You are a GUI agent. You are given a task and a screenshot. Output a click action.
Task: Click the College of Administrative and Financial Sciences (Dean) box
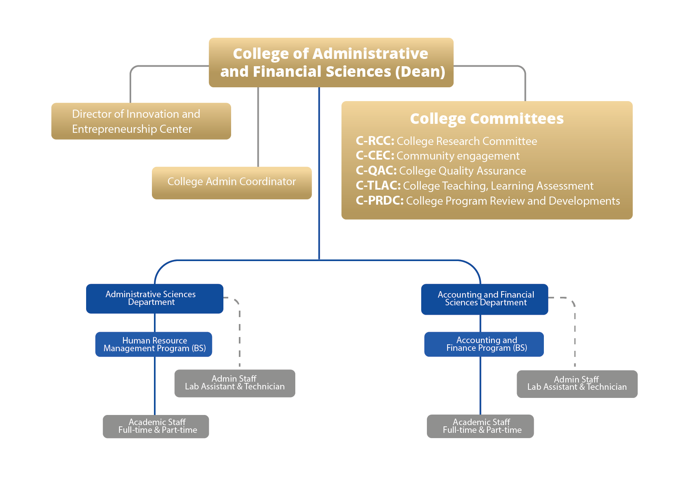(331, 62)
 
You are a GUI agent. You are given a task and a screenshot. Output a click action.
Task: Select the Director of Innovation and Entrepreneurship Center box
(141, 121)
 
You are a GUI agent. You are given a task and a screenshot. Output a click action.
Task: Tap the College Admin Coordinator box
(232, 182)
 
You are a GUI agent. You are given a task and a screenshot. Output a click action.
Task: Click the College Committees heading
(487, 119)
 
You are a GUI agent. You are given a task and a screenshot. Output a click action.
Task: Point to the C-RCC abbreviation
(374, 141)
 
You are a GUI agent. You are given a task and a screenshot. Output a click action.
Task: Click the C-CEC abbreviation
(374, 156)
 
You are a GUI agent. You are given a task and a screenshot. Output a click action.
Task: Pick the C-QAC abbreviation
(376, 171)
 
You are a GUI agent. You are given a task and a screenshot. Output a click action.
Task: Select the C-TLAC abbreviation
(378, 186)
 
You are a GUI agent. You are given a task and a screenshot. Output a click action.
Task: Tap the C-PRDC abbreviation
(379, 201)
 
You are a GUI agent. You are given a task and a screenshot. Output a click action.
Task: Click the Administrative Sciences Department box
(154, 298)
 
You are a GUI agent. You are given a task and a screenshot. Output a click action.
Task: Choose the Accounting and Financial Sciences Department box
(485, 299)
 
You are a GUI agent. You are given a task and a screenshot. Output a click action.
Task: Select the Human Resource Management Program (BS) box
(154, 344)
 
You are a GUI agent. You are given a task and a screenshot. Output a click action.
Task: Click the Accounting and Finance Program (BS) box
(484, 344)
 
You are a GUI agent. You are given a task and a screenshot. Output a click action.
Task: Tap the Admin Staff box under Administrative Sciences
(235, 383)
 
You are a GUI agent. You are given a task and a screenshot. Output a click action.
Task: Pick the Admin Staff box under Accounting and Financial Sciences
(577, 384)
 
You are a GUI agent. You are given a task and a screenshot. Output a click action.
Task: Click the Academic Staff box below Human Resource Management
(156, 426)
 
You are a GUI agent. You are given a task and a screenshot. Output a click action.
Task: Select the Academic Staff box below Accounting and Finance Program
(480, 426)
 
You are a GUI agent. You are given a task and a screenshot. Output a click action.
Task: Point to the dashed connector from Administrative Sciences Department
(240, 333)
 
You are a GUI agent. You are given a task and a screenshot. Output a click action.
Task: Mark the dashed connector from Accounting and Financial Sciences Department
(575, 333)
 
